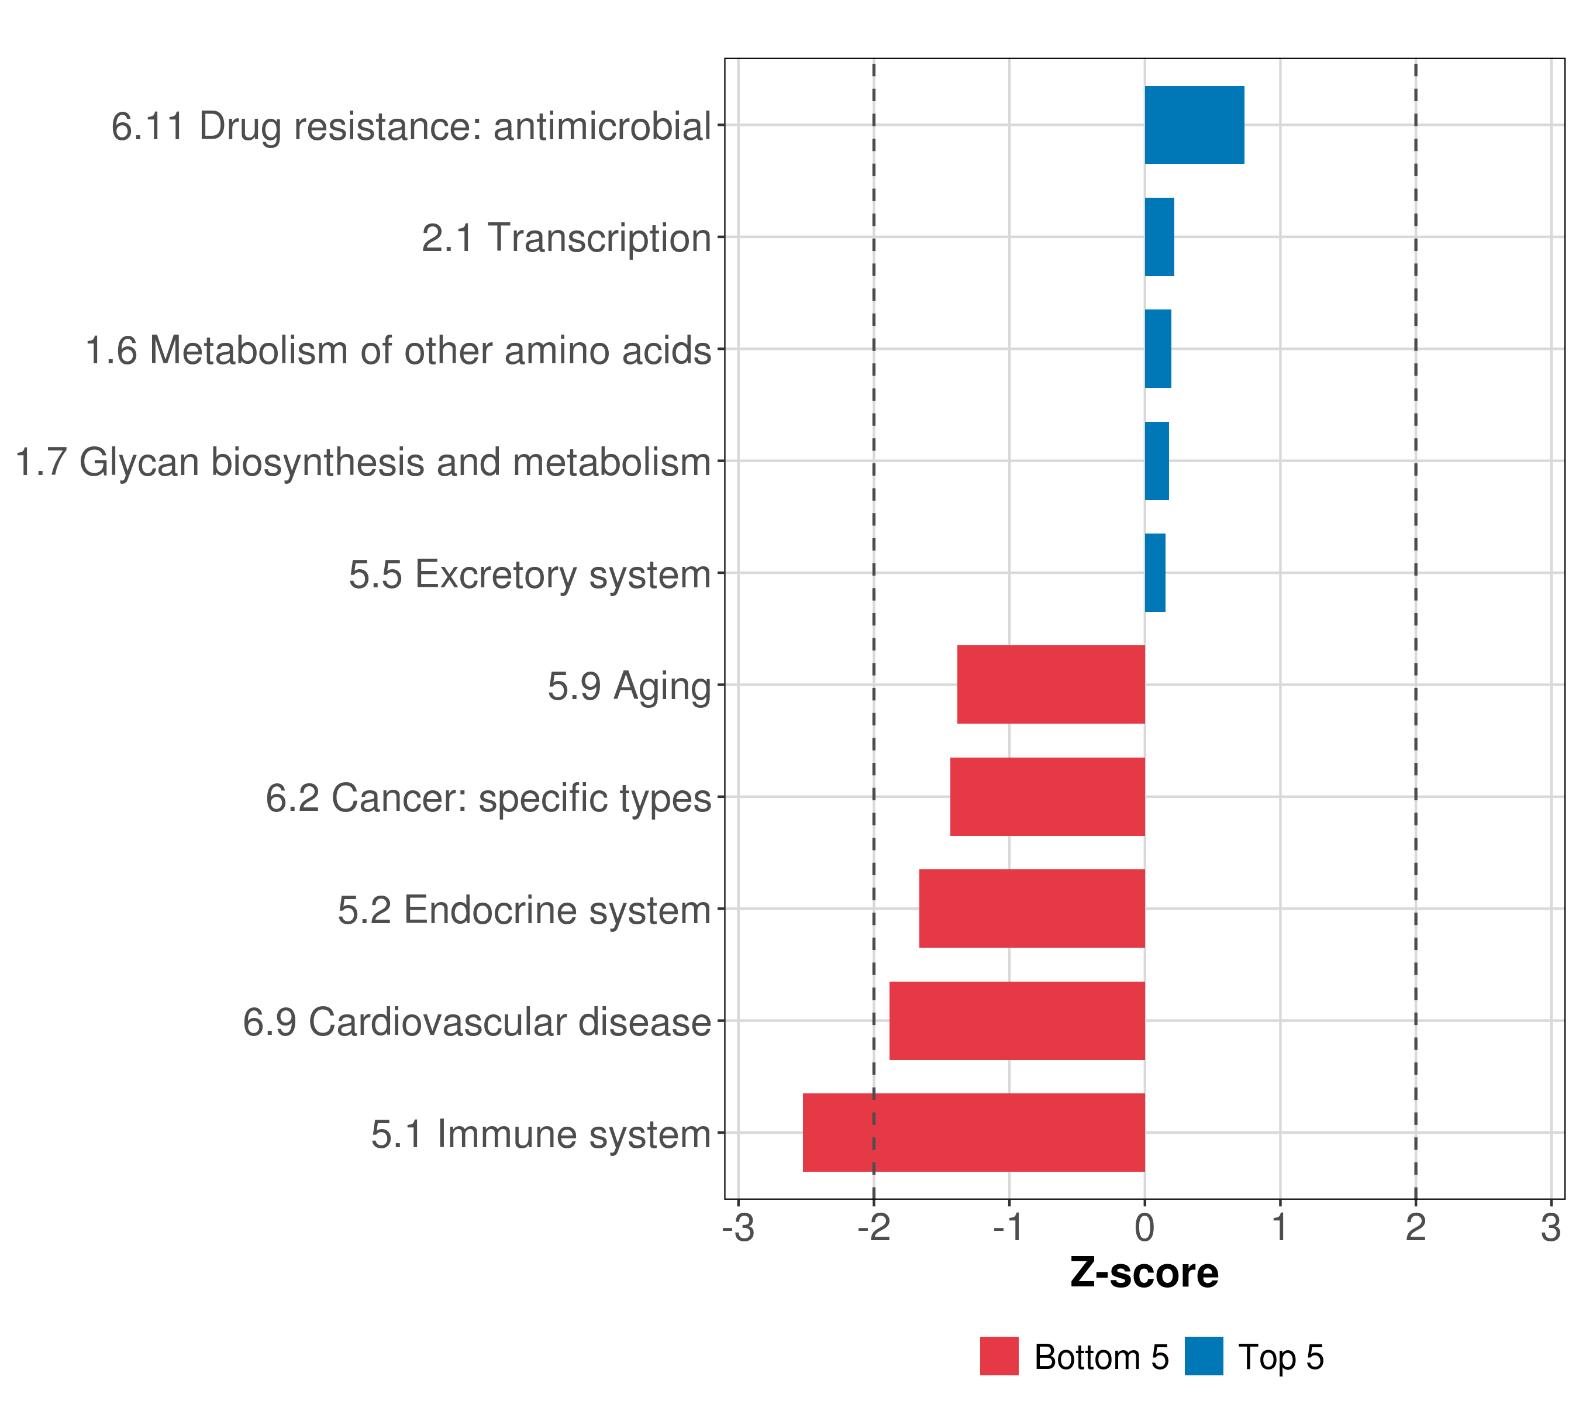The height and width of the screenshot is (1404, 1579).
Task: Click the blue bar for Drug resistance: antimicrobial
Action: (x=1194, y=125)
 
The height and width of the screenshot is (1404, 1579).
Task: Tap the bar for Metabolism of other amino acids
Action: (x=1157, y=349)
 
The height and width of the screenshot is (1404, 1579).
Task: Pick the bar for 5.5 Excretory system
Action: (x=1155, y=573)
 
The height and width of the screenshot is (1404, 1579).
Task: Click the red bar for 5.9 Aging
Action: (x=1050, y=684)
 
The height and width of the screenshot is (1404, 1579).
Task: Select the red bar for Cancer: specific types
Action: (x=1047, y=797)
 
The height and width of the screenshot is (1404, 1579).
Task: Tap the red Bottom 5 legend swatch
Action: (x=999, y=1356)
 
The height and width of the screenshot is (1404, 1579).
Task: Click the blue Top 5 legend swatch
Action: (x=1204, y=1356)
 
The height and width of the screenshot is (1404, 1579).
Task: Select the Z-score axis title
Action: (x=1144, y=1272)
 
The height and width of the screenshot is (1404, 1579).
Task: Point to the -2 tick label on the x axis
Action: (x=873, y=1228)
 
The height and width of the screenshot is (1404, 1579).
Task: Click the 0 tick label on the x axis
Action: (x=1144, y=1228)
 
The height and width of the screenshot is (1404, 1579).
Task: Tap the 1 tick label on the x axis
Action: (x=1280, y=1228)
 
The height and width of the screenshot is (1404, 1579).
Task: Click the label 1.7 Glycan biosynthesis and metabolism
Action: (x=363, y=462)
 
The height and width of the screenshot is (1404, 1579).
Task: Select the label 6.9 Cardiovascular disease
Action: (x=477, y=1021)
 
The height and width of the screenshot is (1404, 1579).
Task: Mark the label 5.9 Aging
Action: (x=629, y=686)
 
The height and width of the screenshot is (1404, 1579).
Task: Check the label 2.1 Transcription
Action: (x=566, y=238)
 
